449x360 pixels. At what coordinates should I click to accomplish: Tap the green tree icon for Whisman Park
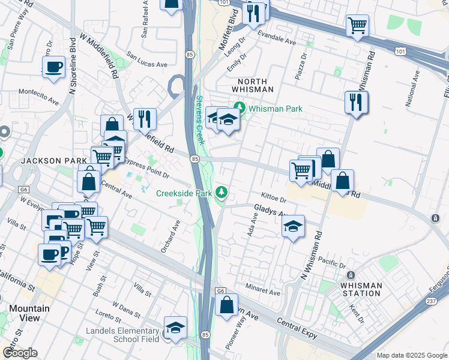240,108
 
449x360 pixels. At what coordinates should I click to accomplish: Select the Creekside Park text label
184,193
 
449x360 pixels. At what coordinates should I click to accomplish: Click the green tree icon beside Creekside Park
222,192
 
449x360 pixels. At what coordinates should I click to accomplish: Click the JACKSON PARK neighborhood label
50,161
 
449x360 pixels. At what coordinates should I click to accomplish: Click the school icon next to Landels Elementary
174,328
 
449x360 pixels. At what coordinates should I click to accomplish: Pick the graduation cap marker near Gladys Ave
293,227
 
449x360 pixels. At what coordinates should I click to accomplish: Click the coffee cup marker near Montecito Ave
53,67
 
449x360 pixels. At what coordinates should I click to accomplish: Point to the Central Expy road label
297,328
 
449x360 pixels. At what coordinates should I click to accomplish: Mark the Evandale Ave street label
277,43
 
